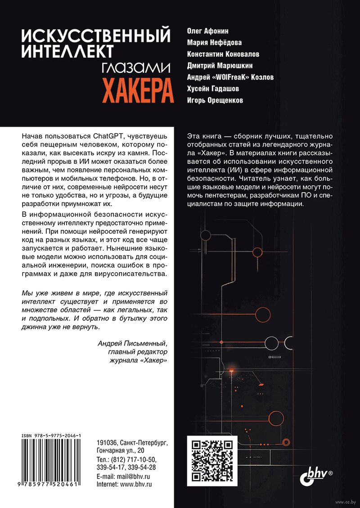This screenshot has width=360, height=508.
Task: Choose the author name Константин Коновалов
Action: coord(223,54)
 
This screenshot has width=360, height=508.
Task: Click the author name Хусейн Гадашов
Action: coord(214,89)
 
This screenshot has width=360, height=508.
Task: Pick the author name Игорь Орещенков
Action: coord(215,100)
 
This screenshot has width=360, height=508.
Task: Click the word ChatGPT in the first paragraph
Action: coord(110,135)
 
